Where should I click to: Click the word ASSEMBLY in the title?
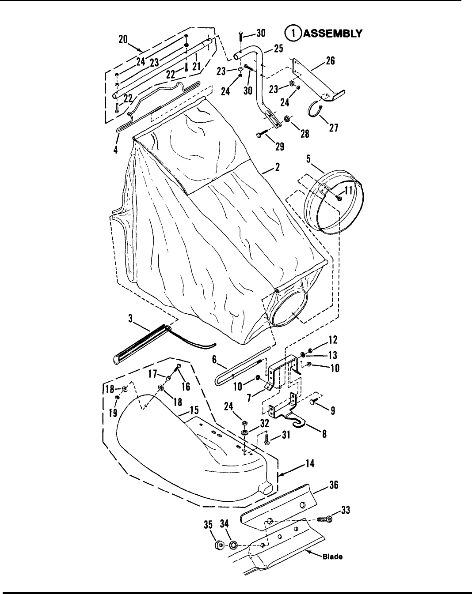333,34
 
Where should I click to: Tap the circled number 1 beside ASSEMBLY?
293,34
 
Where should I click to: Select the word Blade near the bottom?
333,556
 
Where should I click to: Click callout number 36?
334,485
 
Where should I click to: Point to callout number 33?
345,510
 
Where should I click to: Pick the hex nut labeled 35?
219,545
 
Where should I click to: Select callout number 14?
310,463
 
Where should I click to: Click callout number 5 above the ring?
308,159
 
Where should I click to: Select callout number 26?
330,61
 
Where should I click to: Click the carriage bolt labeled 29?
265,133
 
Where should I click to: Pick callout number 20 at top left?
123,40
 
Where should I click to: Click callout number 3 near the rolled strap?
130,318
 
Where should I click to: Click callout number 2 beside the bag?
278,167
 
